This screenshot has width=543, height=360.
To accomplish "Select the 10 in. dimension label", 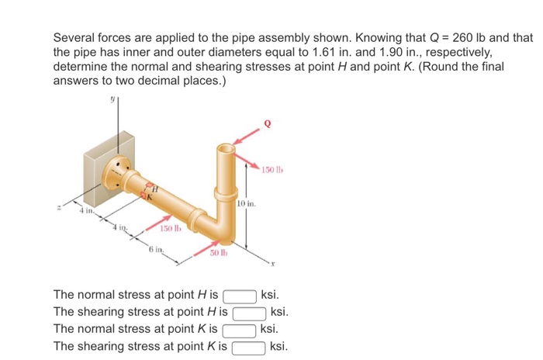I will [246, 203].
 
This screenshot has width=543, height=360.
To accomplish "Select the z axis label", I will [57, 207].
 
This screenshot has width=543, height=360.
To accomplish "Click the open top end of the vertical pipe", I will [227, 147].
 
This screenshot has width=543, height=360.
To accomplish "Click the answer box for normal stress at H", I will [240, 296].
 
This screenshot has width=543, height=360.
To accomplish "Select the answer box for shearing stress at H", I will [251, 313].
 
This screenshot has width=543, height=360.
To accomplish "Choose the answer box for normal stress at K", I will [240, 329].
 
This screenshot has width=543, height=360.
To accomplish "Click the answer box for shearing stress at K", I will [250, 346].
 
